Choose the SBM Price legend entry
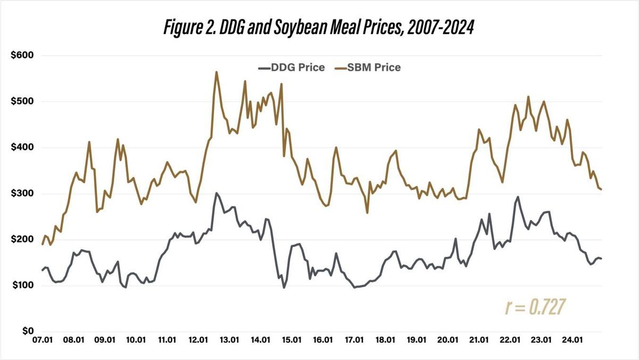pos(367,68)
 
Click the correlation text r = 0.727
pos(535,307)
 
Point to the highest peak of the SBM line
pos(216,72)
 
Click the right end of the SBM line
pos(601,189)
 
